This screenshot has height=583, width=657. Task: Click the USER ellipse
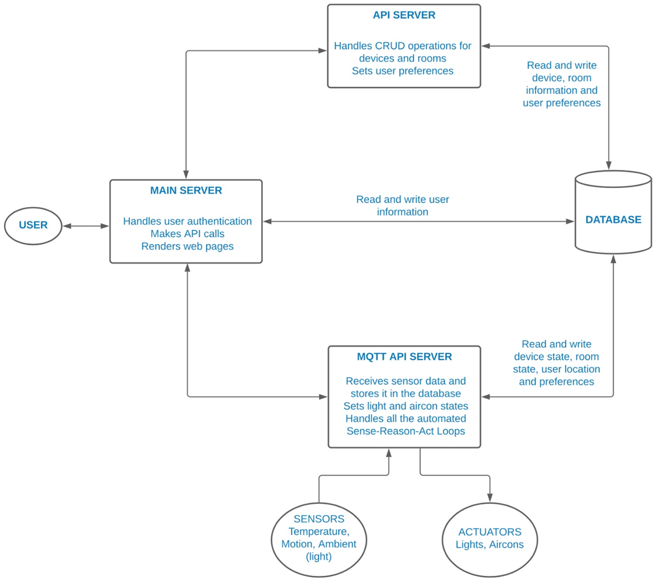33,225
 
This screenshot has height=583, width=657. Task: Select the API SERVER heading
404,15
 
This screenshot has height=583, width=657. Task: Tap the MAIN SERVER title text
186,191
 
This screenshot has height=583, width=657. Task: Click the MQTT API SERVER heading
404,357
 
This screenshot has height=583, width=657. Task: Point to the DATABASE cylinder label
613,220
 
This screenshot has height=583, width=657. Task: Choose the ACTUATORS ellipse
489,538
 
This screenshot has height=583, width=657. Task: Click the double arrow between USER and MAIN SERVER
86,226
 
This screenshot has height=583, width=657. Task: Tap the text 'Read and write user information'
403,206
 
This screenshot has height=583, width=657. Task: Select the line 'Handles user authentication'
187,221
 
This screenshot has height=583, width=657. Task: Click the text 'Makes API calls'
187,234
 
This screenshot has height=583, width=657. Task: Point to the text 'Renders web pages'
187,246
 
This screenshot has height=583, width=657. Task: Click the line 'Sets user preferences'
403,71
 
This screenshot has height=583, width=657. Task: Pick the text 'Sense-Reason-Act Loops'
405,431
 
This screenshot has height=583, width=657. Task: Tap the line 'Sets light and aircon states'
405,406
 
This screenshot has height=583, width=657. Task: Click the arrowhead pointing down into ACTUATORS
490,497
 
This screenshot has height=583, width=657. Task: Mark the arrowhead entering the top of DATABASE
609,165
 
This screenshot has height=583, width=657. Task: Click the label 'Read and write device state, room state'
557,356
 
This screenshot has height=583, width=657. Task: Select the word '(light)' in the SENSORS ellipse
319,556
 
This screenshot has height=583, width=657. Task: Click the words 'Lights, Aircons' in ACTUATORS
489,544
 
